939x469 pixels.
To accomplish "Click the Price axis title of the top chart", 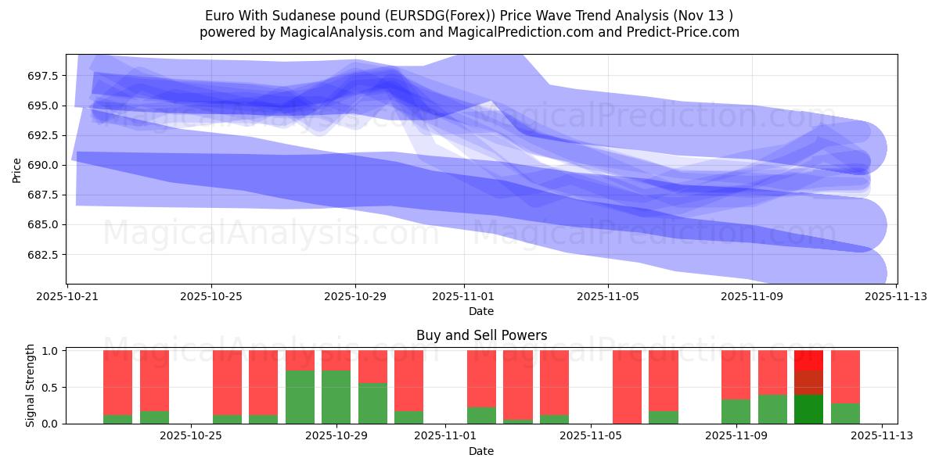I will tap(16, 169).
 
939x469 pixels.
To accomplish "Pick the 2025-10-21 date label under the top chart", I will tap(67, 297).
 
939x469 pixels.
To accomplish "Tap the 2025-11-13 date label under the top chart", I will tap(896, 297).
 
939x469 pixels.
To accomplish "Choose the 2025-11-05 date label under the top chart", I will tap(608, 297).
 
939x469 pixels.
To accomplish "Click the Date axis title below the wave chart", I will tap(480, 311).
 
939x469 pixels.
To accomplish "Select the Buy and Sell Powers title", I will tap(480, 335).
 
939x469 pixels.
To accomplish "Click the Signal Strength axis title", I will tap(31, 385).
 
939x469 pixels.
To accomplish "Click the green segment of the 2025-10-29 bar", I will tap(336, 397).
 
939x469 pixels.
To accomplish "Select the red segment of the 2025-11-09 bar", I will tap(736, 374).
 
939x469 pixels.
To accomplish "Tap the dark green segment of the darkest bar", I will tap(809, 409).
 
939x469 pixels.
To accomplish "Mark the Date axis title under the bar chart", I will tap(480, 451).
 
